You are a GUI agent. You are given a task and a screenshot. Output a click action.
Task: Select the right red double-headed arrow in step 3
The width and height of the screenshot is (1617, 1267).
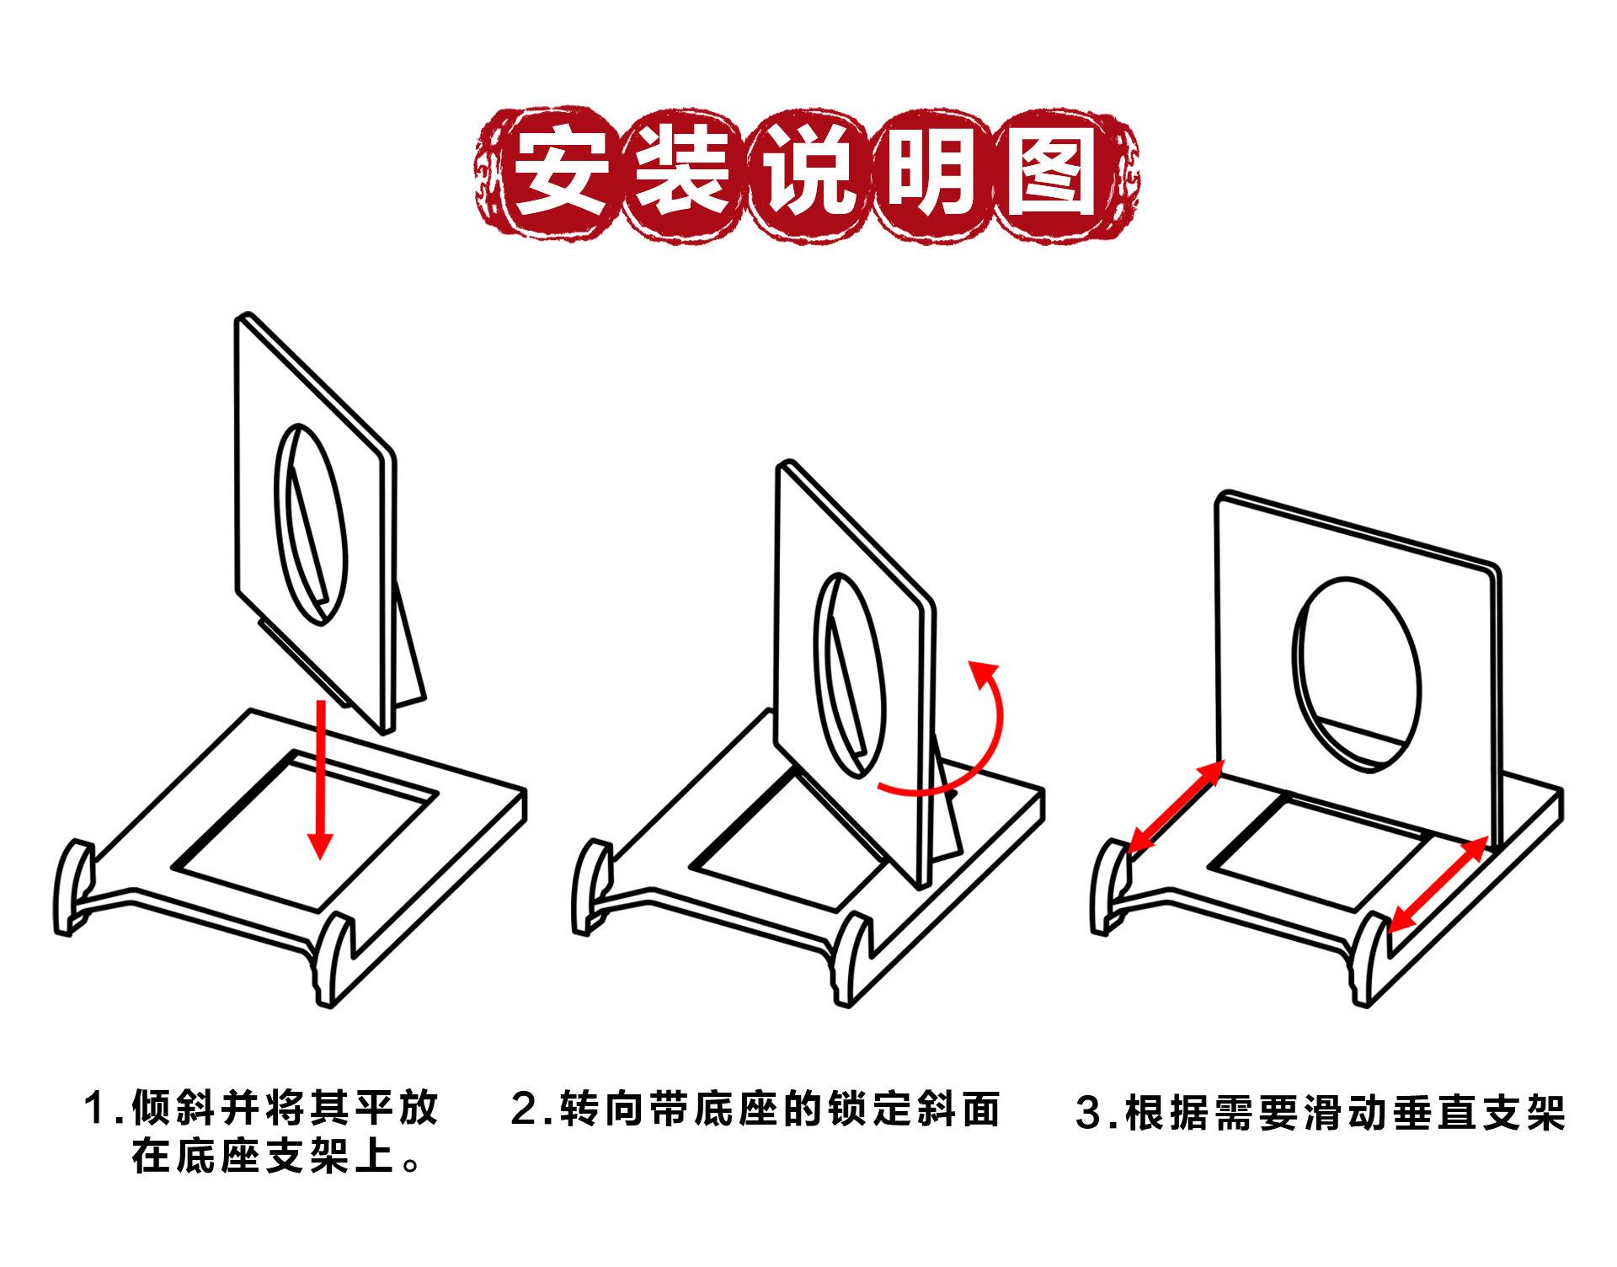pyautogui.click(x=1437, y=885)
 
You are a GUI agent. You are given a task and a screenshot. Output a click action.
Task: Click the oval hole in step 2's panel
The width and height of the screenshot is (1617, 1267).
pyautogui.click(x=850, y=674)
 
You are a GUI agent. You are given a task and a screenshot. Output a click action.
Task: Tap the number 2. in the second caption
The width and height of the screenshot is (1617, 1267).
pyautogui.click(x=532, y=1108)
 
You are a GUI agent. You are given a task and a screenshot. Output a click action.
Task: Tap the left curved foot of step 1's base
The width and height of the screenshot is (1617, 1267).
pyautogui.click(x=72, y=885)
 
